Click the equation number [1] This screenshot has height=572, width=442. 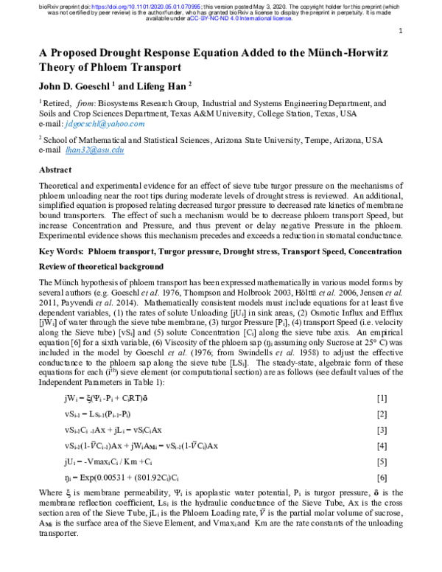pyautogui.click(x=382, y=399)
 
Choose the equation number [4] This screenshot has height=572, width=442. pyautogui.click(x=382, y=446)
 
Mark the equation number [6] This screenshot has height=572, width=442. pyautogui.click(x=382, y=478)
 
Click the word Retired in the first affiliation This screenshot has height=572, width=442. pyautogui.click(x=60, y=104)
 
